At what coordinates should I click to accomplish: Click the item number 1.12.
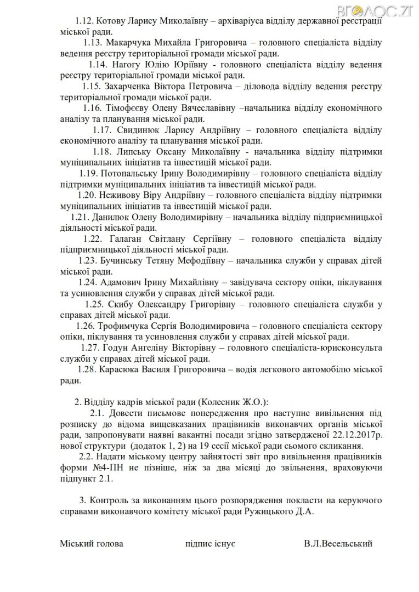pyautogui.click(x=85, y=21)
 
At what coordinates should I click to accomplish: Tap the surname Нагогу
pyautogui.click(x=131, y=65)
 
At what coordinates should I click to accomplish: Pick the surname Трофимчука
pyautogui.click(x=124, y=326)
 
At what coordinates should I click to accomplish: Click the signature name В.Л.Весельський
pyautogui.click(x=337, y=544)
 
